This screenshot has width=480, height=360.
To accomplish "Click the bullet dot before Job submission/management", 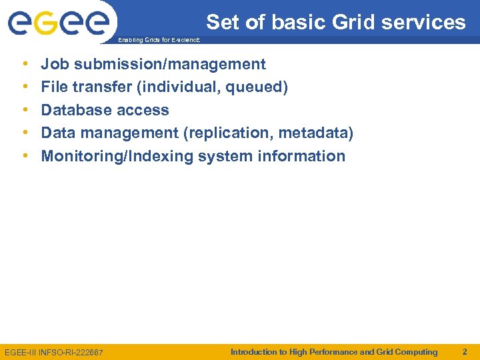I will click(x=25, y=65).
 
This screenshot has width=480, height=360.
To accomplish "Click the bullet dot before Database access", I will click(x=25, y=110).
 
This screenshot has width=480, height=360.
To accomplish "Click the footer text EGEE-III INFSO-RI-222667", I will click(x=54, y=352).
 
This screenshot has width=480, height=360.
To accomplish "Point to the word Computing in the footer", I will click(x=416, y=351).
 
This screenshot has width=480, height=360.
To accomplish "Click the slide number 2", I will click(x=465, y=351).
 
